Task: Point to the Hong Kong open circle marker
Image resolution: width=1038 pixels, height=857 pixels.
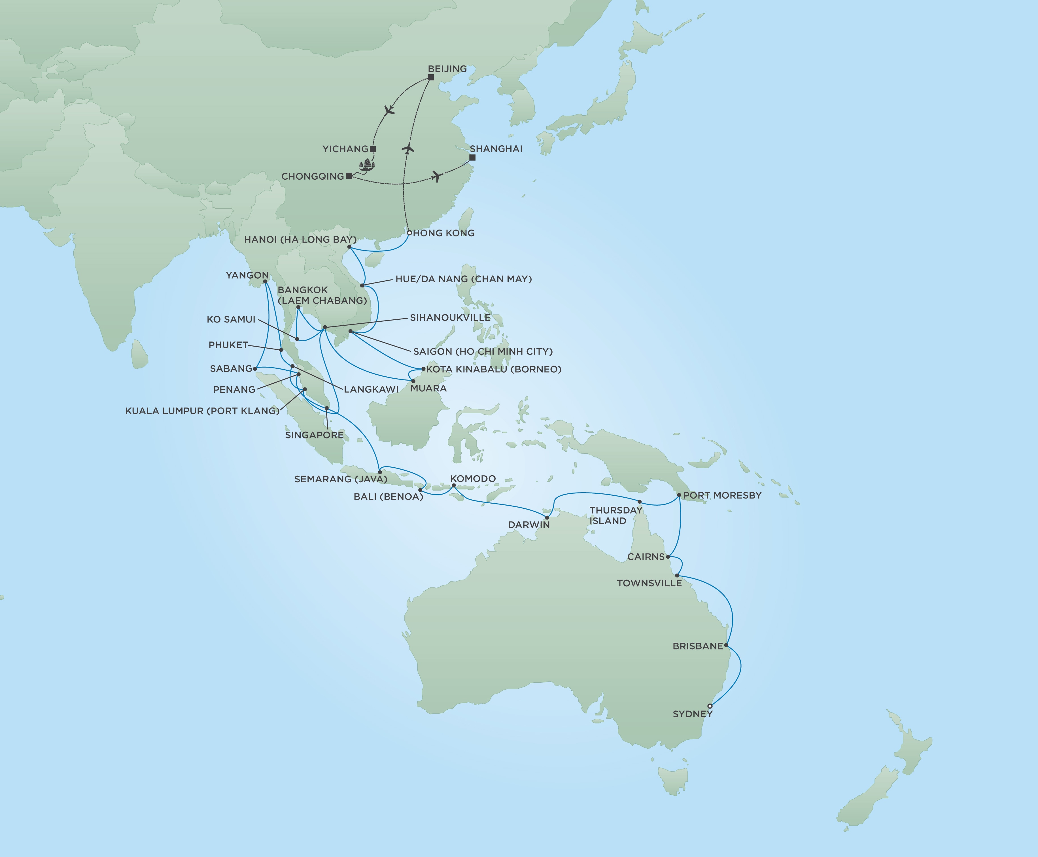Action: coord(409,232)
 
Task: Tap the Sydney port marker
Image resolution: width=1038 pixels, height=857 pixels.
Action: coord(710,706)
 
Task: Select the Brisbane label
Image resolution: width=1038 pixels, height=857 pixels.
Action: coord(697,646)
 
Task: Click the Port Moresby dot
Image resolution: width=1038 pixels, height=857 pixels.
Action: coord(679,495)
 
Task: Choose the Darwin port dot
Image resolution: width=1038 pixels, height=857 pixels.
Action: coord(547,517)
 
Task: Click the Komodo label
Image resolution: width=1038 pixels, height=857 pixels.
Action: coord(473,478)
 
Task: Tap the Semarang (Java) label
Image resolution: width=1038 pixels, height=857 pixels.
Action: coord(341,479)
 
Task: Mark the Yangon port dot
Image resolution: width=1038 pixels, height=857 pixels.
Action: coord(265,281)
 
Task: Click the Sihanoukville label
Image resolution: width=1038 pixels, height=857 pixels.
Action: coord(450,317)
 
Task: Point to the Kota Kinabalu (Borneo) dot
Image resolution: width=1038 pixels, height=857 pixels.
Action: coord(423,369)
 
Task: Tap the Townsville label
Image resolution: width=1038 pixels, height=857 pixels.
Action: coord(649,583)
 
